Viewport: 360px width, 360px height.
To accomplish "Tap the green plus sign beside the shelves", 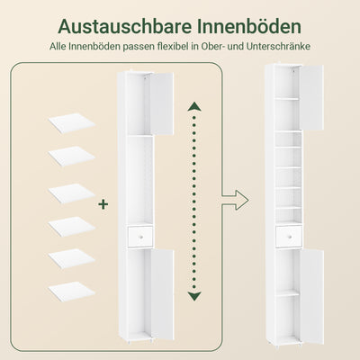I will point(103,205).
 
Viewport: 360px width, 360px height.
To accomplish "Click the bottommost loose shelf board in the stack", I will point(70,292).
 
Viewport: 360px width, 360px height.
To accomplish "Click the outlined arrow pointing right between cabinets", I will point(237,194).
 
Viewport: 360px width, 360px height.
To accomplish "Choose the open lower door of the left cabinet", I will point(160,297).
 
